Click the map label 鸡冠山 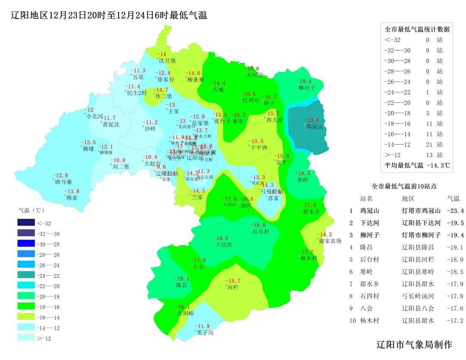315,127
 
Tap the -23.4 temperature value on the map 312,120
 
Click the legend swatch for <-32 26,223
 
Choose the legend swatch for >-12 26,338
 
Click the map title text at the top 109,16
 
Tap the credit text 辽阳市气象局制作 414,344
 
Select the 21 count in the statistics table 428,145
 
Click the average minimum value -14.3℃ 438,165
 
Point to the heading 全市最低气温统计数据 417,29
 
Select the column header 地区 408,199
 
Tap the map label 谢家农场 330,241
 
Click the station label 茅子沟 205,333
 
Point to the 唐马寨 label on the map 63,182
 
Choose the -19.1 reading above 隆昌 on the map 181,278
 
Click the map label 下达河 224,245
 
